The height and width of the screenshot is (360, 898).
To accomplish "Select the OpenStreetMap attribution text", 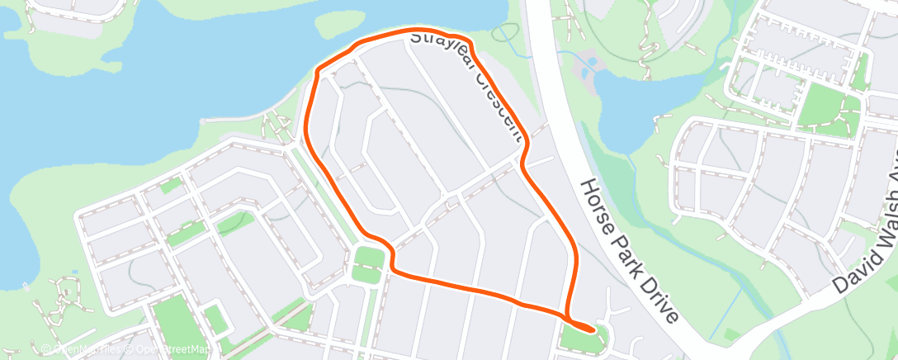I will [170, 350].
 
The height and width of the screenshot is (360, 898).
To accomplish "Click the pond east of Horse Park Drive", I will [636, 107].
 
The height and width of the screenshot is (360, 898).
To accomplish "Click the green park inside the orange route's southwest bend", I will [369, 265].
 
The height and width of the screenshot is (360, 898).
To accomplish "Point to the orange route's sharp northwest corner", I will [318, 73].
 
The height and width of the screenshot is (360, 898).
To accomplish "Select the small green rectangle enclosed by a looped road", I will [215, 318].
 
